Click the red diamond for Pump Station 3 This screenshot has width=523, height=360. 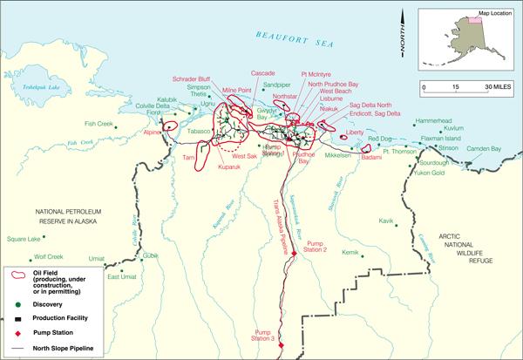click(281, 347)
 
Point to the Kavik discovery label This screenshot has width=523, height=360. click(387, 221)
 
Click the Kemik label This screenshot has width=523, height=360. click(350, 253)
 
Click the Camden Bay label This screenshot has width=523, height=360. click(484, 149)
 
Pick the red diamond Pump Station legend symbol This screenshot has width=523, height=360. click(17, 335)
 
